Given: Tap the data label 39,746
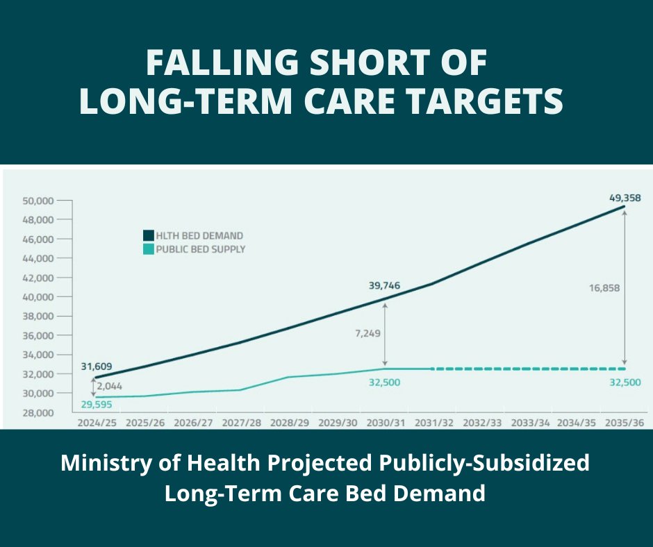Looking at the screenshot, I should pyautogui.click(x=384, y=285).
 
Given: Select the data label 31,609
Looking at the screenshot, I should pyautogui.click(x=97, y=367).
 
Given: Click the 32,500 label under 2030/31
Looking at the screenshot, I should pyautogui.click(x=383, y=382).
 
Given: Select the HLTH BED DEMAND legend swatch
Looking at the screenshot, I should pyautogui.click(x=148, y=235).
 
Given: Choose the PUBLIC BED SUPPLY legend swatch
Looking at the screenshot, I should pyautogui.click(x=148, y=249).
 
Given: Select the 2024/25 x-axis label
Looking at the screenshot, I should pyautogui.click(x=97, y=421).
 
